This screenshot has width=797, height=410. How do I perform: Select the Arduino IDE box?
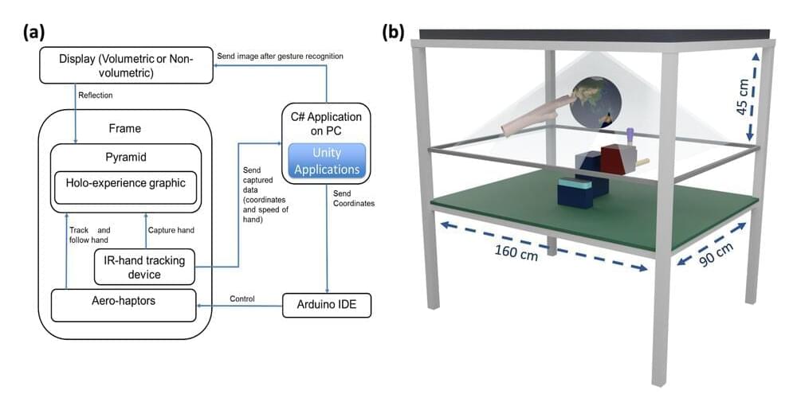point(327,305)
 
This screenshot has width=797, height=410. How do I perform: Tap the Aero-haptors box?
point(124,305)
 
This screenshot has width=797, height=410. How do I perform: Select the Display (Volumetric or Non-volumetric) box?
point(125,66)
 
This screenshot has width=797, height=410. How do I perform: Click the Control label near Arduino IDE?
point(242,299)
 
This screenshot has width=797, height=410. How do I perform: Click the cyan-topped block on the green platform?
point(575,191)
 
